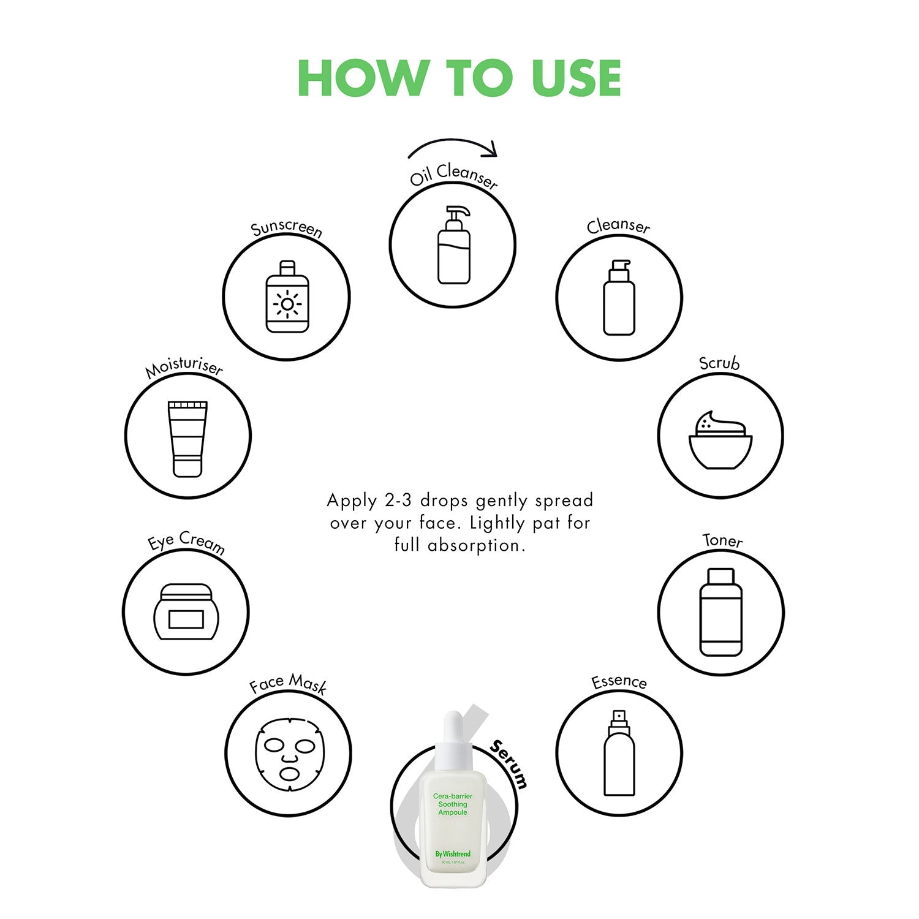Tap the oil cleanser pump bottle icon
[x=454, y=244]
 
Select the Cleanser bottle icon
[x=619, y=297]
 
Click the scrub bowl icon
[x=720, y=440]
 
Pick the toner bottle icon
[x=720, y=612]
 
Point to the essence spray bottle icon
[x=619, y=753]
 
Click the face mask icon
[x=289, y=754]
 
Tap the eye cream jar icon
[x=186, y=611]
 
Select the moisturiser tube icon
[x=187, y=439]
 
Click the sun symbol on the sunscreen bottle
[x=287, y=304]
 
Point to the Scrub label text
[x=720, y=363]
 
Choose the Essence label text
[x=619, y=681]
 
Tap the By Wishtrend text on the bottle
[x=453, y=853]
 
